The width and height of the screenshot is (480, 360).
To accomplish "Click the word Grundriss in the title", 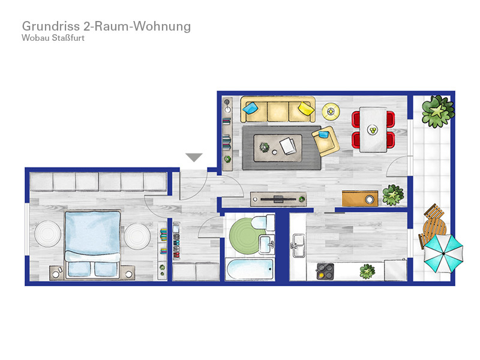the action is click(51, 26).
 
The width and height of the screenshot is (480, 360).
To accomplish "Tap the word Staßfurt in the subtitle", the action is click(68, 38).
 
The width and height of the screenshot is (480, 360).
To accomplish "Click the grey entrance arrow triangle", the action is click(194, 157).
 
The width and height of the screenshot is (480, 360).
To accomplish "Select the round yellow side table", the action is click(331, 112).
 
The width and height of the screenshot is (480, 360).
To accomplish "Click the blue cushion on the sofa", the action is click(250, 108).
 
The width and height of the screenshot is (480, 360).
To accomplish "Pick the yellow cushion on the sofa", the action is click(306, 109).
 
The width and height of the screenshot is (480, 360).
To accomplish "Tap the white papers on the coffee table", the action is click(289, 146).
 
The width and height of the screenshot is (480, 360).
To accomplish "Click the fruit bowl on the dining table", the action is click(373, 130).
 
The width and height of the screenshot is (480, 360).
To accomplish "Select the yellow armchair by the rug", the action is click(326, 141).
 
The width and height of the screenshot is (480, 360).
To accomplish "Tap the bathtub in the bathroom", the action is click(250, 269).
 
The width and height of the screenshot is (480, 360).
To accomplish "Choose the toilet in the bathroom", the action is click(263, 222).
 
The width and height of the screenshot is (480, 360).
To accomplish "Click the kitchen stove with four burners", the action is click(325, 271).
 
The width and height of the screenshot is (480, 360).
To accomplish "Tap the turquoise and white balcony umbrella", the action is click(443, 253).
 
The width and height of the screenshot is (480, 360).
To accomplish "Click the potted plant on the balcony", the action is click(437, 111).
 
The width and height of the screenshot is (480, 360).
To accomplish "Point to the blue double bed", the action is click(92, 244).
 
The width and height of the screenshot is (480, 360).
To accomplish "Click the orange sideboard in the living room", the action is click(360, 199).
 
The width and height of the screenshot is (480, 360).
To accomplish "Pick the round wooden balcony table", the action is click(434, 227).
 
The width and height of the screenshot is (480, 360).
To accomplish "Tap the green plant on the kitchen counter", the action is click(367, 271).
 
